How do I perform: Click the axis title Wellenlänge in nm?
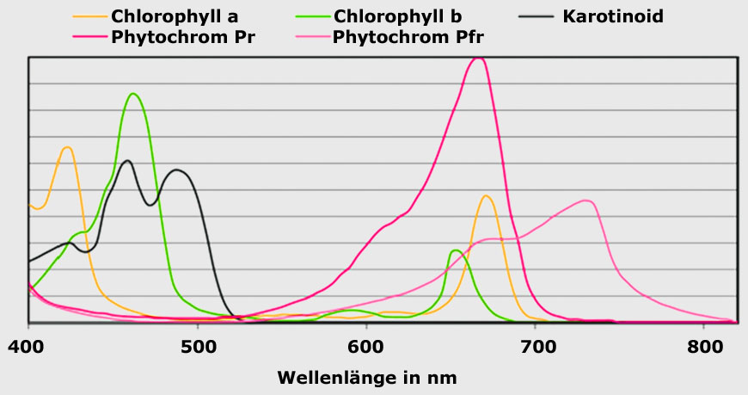[x=367, y=377]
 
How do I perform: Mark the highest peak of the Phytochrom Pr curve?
[x=479, y=58]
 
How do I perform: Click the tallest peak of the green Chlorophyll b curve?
[x=132, y=94]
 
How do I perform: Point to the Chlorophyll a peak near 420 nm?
[x=66, y=147]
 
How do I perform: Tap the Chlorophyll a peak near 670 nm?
[x=487, y=195]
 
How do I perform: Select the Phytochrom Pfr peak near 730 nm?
[x=586, y=201]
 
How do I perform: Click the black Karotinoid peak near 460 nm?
[x=127, y=160]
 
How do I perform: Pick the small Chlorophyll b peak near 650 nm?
[x=456, y=250]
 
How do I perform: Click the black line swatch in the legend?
[x=543, y=16]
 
